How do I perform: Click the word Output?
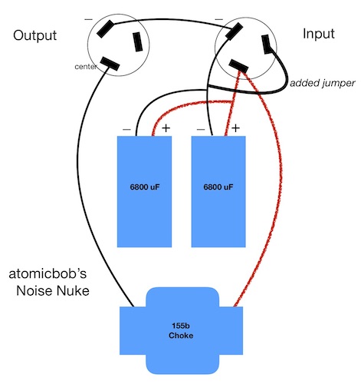tap(34, 35)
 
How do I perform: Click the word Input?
tap(319, 34)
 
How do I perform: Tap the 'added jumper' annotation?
tap(323, 83)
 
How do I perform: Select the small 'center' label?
tap(86, 67)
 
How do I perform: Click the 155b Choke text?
tap(181, 330)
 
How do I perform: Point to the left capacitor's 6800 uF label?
tap(145, 187)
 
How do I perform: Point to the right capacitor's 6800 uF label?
tap(218, 187)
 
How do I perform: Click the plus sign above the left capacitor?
tap(166, 128)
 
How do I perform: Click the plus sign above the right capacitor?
tap(235, 128)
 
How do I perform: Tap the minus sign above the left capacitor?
tap(126, 130)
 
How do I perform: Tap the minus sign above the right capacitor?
tap(201, 130)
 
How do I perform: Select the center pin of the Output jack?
tap(110, 64)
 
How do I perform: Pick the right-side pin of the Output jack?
tap(138, 41)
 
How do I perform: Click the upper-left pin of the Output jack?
tap(105, 29)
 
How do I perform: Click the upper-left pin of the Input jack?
tap(234, 31)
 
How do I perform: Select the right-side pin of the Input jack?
tap(267, 45)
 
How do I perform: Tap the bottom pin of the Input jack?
tap(238, 66)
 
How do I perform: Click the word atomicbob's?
tap(48, 274)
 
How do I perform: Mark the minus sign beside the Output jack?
tap(88, 19)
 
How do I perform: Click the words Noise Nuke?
tap(53, 291)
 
